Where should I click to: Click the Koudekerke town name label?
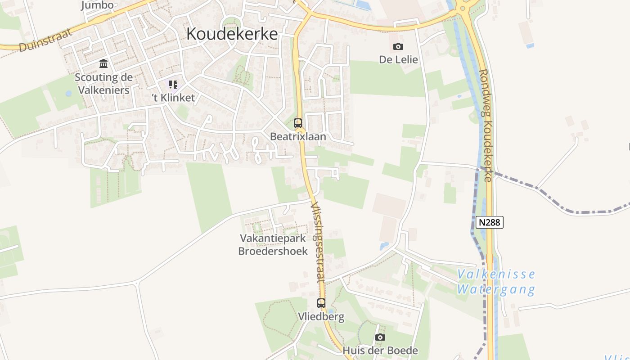232,34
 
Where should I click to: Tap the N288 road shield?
490,222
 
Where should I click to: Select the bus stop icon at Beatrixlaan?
298,123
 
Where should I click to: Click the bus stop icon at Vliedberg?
321,303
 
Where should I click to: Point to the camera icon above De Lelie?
398,46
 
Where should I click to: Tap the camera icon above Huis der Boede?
380,337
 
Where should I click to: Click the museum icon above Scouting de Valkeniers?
103,63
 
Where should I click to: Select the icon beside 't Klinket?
173,85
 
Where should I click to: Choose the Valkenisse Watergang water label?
496,282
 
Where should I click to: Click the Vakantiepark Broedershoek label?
273,245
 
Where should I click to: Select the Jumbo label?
97,5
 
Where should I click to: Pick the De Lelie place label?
398,60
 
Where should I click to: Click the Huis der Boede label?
380,351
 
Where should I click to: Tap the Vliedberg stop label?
321,317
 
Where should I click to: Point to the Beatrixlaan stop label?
298,136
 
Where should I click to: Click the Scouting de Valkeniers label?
103,84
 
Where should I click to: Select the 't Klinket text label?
173,98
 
